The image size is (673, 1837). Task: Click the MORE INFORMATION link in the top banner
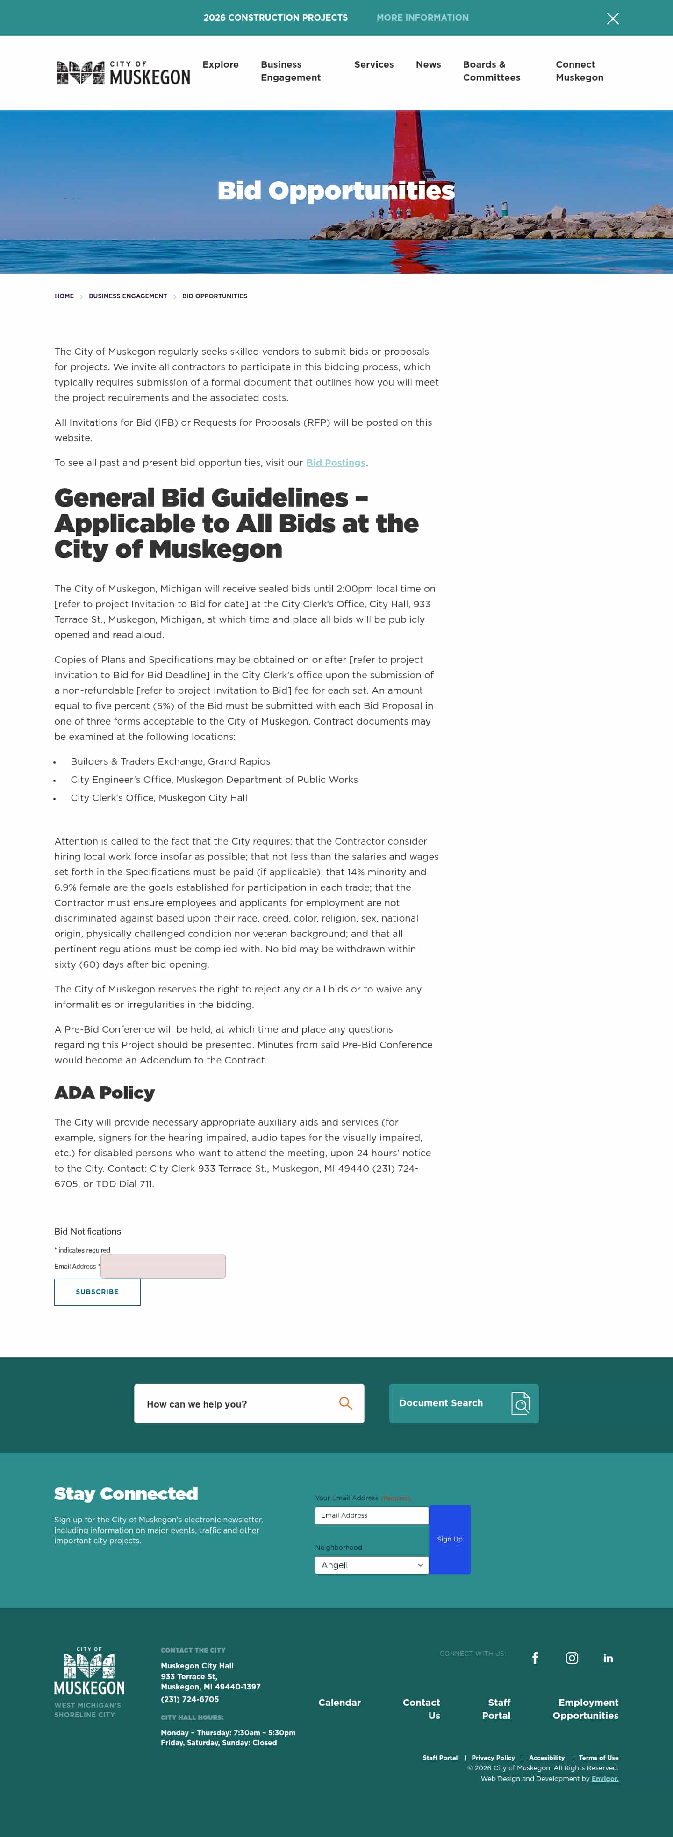tap(422, 18)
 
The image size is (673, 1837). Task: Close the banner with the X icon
tap(612, 19)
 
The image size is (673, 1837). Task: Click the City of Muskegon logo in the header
tap(123, 73)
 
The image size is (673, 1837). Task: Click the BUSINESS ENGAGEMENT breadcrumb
tap(128, 296)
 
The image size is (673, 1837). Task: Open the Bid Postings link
tap(336, 463)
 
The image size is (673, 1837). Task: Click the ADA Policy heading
tap(104, 1092)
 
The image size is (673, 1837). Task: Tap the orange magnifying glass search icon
tap(345, 1403)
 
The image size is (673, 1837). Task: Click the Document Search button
tap(463, 1403)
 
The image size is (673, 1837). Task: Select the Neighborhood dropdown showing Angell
tap(371, 1564)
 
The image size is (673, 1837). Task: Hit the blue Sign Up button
tap(450, 1539)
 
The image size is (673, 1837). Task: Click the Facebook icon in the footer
tap(535, 1658)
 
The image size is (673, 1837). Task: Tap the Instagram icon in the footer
tap(572, 1658)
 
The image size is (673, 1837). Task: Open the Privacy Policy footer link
tap(493, 1758)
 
